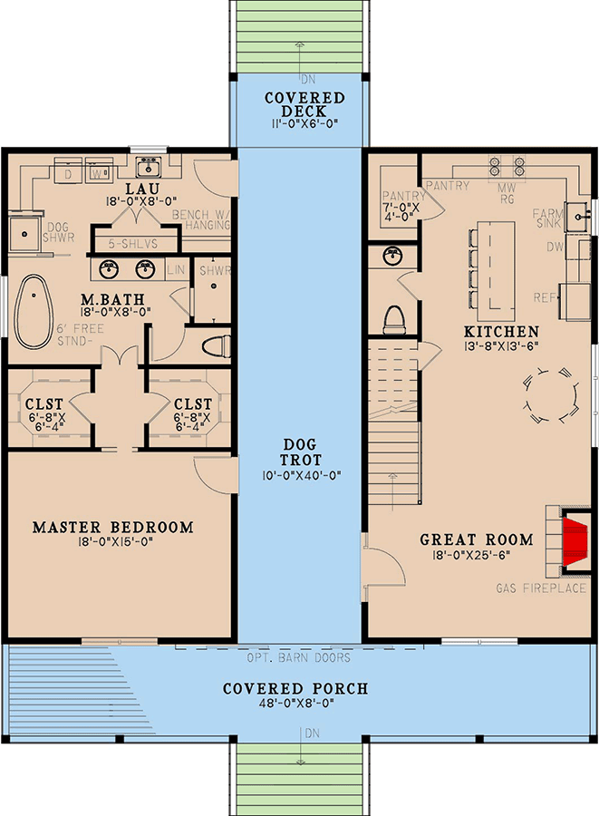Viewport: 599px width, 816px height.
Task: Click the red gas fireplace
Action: (x=575, y=541)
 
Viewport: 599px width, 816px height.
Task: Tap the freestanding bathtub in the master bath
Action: (x=34, y=311)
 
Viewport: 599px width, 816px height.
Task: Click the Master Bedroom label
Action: (x=113, y=527)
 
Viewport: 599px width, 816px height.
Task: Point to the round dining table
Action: (x=550, y=394)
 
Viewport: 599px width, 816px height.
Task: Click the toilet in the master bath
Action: (x=216, y=346)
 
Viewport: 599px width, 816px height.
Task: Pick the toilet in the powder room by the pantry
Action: (x=393, y=320)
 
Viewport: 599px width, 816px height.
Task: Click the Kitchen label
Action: (x=502, y=332)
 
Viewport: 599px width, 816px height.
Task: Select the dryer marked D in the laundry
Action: (x=68, y=170)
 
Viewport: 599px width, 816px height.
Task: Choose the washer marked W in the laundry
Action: (x=97, y=170)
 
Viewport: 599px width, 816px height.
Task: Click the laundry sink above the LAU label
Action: (x=149, y=167)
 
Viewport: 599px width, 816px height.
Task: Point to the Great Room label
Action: (x=477, y=539)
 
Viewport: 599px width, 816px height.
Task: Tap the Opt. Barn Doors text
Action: (x=298, y=658)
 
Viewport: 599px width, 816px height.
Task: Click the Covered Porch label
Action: (x=295, y=688)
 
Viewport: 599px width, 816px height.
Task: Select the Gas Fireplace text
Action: (x=541, y=588)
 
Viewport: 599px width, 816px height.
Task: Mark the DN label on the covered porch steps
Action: (x=312, y=733)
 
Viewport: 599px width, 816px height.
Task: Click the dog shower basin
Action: (x=24, y=234)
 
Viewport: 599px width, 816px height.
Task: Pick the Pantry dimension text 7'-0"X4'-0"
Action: (x=404, y=212)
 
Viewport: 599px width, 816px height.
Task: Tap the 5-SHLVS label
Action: (x=132, y=244)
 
